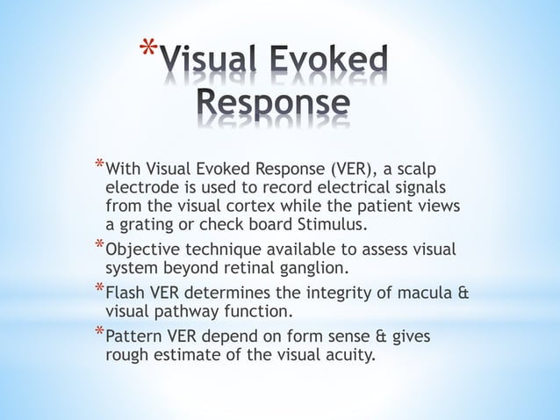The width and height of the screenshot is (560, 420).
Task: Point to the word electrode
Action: (142, 187)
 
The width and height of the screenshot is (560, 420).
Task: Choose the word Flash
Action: (126, 294)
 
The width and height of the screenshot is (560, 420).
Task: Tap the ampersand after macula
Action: (463, 294)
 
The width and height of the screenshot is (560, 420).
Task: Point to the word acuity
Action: (348, 357)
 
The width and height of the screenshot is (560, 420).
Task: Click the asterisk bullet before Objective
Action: (99, 247)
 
